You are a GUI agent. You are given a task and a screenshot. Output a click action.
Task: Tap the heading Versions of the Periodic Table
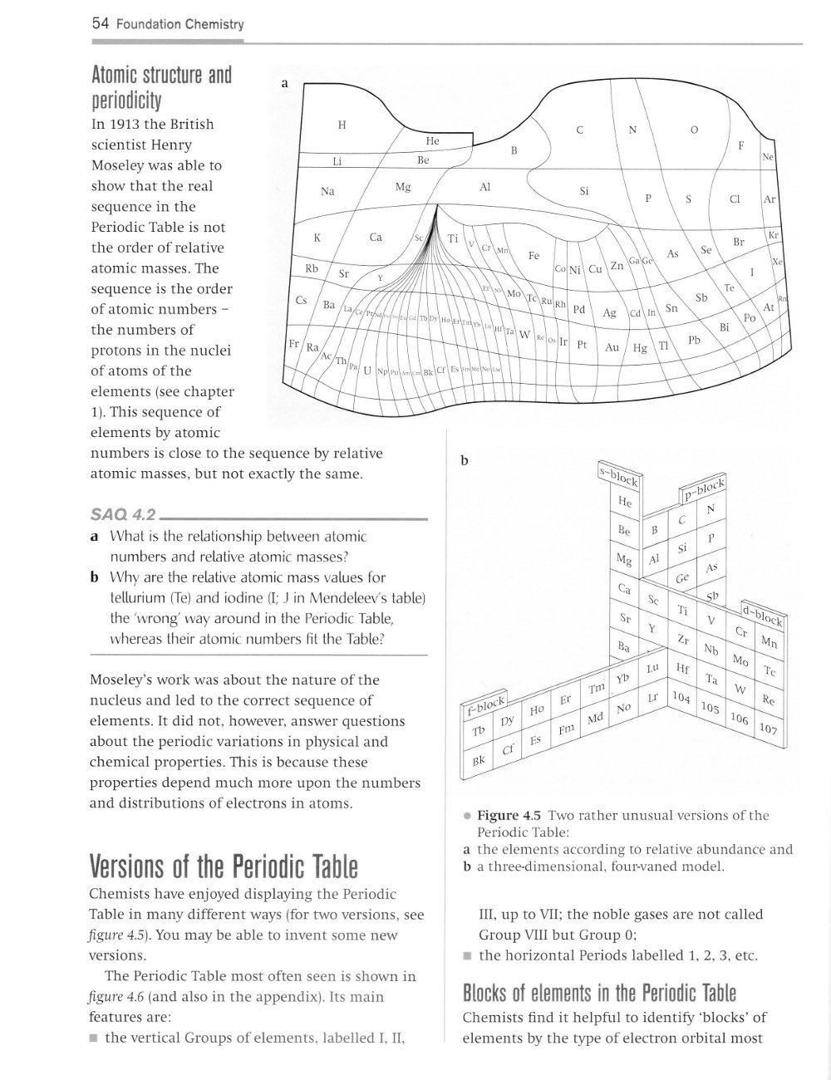coord(224,867)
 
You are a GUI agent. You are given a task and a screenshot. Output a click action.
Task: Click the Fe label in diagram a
coord(534,257)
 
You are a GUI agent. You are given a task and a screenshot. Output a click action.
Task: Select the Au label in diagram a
coord(612,348)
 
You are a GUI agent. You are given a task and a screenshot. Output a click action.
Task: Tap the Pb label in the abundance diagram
coord(695,340)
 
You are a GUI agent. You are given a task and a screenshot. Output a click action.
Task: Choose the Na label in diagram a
coord(327,191)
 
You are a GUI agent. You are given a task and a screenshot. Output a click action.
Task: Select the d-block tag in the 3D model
coord(765,616)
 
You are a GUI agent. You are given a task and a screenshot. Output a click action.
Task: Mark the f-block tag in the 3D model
coord(485,705)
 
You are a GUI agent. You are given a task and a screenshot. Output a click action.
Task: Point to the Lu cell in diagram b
coord(652,668)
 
